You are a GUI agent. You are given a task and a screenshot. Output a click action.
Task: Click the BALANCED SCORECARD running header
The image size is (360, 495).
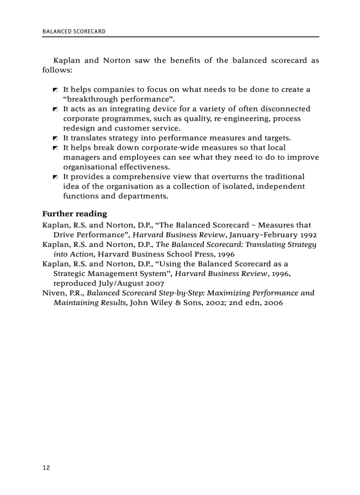click(x=74, y=32)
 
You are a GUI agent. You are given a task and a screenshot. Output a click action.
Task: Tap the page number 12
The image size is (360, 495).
click(x=46, y=468)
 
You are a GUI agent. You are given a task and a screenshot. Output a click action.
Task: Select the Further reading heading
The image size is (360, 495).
click(x=75, y=214)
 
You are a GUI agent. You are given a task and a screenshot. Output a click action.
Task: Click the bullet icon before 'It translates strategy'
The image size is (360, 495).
click(x=55, y=138)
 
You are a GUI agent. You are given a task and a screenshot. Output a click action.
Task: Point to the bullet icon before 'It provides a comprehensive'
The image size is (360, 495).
click(x=55, y=177)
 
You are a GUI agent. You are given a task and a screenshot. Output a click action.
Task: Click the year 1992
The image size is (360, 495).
click(x=308, y=235)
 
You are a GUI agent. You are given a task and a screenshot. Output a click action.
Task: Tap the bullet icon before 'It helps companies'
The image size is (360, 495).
click(x=55, y=90)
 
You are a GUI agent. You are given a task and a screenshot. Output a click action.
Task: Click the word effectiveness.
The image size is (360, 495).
click(x=145, y=167)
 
